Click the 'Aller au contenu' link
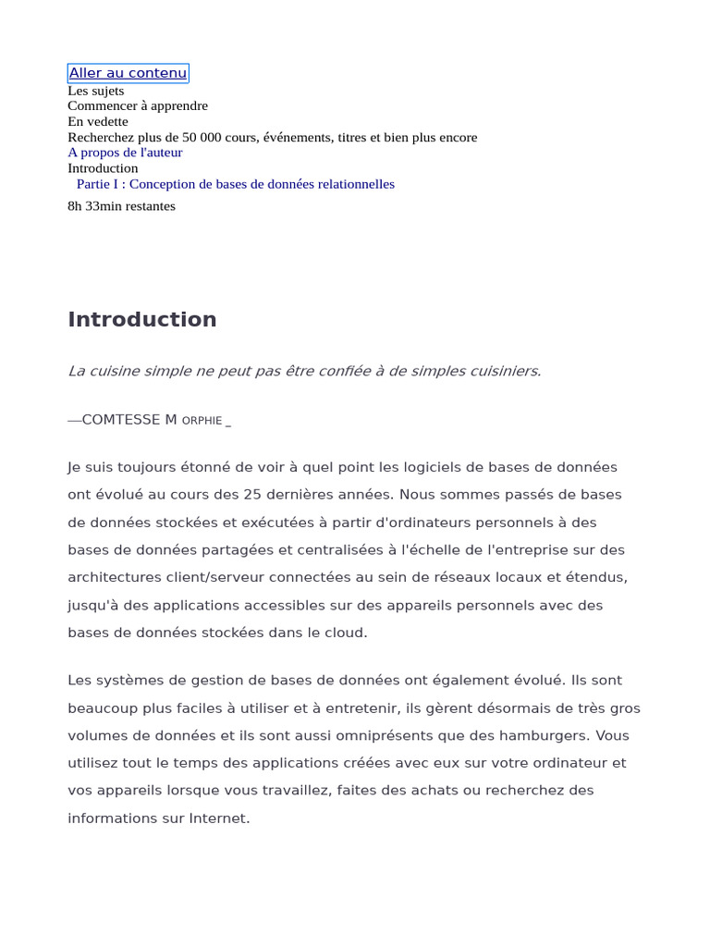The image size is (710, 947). tap(128, 73)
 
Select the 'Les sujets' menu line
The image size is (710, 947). tap(95, 91)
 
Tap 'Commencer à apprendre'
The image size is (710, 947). tap(138, 106)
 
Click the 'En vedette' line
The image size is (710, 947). tap(98, 121)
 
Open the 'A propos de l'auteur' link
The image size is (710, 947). tap(125, 153)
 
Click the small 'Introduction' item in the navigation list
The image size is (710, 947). tap(103, 168)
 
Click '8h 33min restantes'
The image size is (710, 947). tap(121, 206)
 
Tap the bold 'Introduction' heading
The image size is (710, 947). tap(142, 319)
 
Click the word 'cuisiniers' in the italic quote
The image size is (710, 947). tap(504, 371)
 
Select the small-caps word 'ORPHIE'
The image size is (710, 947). tap(202, 421)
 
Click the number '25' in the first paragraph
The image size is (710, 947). tap(252, 495)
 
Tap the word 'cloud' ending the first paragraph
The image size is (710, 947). tap(346, 633)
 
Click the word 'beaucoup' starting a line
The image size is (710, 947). tap(98, 708)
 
